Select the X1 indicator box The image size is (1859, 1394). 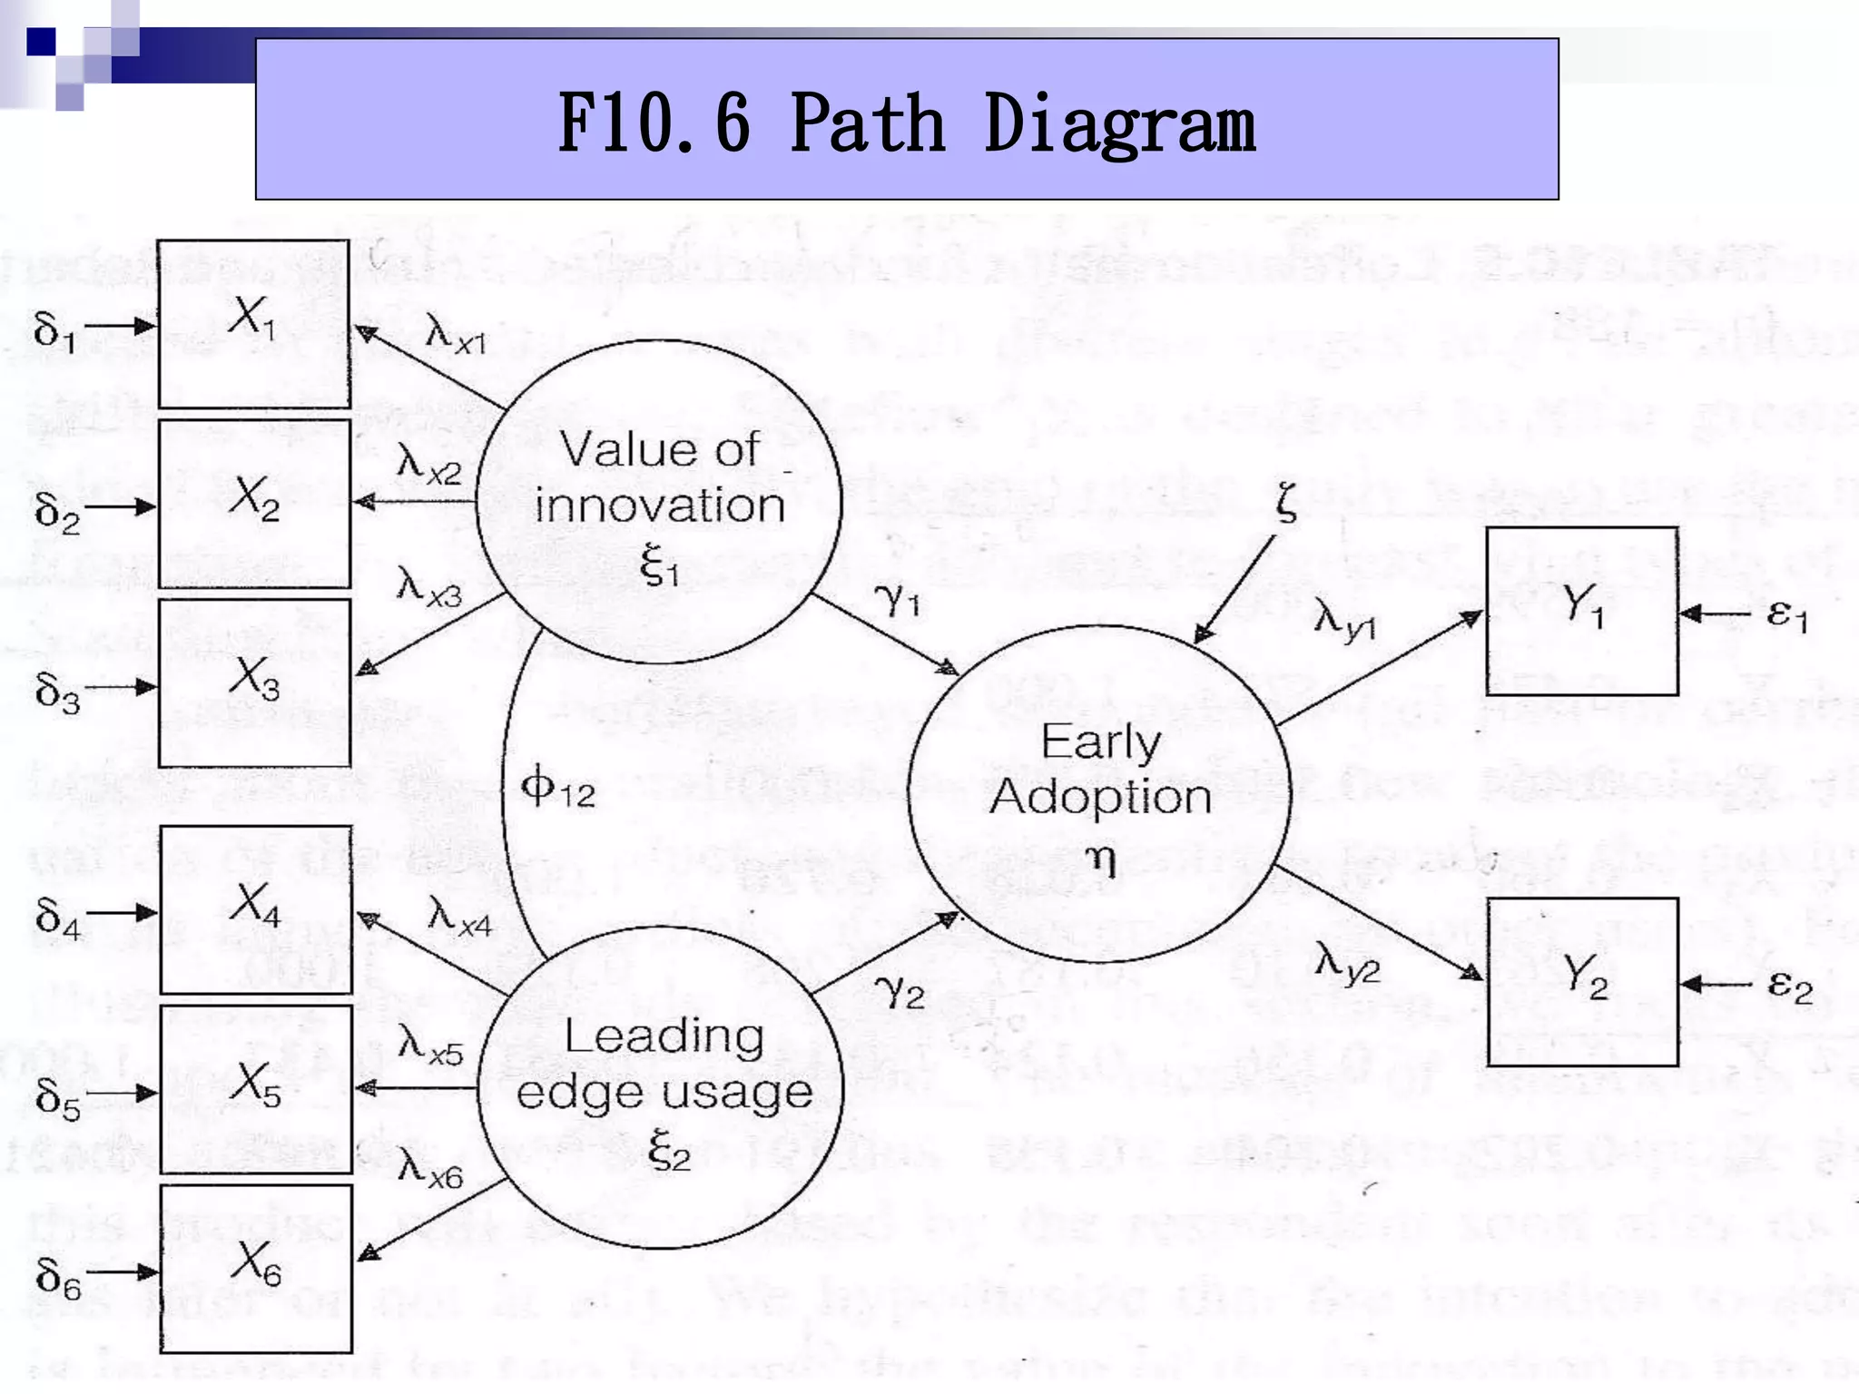tap(254, 324)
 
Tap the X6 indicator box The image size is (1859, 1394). tap(256, 1268)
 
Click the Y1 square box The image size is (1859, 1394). tap(1581, 611)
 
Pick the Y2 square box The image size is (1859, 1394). tap(1582, 981)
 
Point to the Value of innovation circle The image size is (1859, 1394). tap(660, 502)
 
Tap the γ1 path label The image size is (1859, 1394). tap(897, 600)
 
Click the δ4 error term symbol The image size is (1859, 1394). tap(57, 917)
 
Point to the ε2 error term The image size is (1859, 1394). tap(1789, 986)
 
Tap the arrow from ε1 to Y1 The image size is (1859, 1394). tap(1714, 614)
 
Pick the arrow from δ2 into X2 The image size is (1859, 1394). tap(121, 506)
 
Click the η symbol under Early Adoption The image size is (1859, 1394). tap(1101, 856)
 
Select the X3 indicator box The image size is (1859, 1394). tap(254, 682)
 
